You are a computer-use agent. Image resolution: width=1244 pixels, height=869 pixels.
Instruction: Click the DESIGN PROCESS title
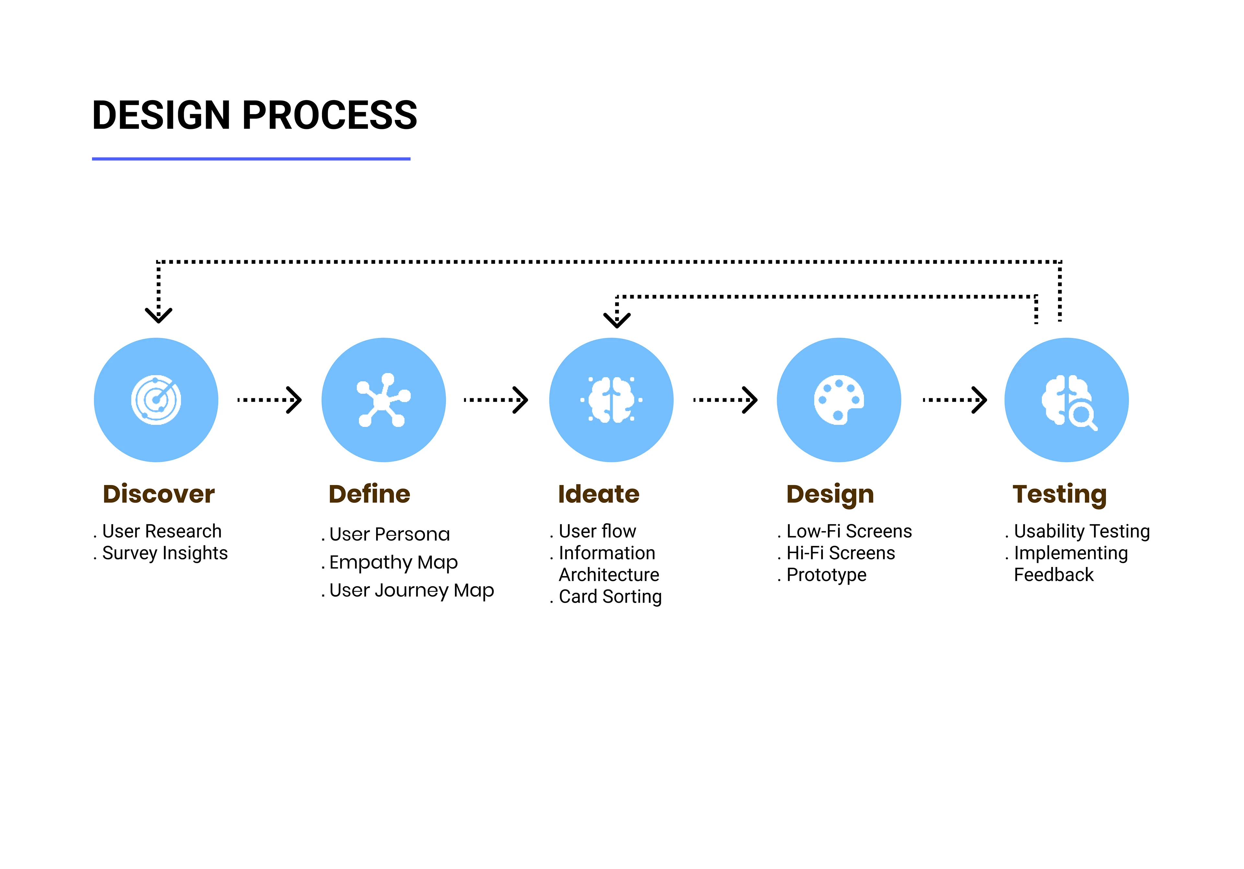click(x=255, y=115)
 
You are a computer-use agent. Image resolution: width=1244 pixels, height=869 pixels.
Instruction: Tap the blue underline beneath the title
click(x=251, y=159)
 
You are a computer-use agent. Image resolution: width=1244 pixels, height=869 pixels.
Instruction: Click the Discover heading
click(x=159, y=494)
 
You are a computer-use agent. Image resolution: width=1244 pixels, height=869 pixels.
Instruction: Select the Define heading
click(x=370, y=494)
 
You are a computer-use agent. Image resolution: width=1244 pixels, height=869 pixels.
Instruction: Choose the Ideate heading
click(x=599, y=494)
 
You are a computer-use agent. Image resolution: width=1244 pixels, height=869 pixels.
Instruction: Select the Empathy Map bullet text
click(x=393, y=563)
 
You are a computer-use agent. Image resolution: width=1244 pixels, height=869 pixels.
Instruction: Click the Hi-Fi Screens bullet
click(x=840, y=553)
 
